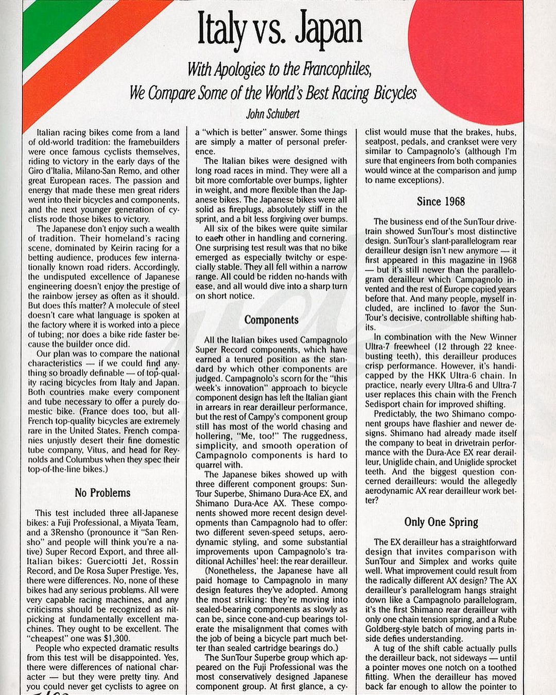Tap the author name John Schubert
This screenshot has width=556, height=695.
[273, 113]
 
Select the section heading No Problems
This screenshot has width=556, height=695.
[102, 493]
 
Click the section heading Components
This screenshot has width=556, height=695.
[271, 320]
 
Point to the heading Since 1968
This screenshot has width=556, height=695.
[441, 201]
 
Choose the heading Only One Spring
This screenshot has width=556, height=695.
[441, 522]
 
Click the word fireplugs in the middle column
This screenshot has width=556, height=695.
[233, 210]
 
